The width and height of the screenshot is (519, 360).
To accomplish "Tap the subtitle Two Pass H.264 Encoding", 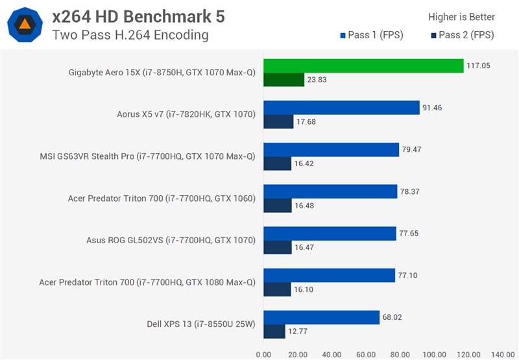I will (130, 35).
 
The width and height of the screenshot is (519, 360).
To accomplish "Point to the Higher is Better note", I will (461, 18).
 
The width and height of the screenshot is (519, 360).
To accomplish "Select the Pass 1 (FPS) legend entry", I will (370, 35).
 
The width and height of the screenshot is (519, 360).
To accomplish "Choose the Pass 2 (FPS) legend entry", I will (461, 35).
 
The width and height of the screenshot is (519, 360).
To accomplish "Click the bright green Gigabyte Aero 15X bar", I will (363, 66).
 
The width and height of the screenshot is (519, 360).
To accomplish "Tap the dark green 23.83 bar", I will (284, 80).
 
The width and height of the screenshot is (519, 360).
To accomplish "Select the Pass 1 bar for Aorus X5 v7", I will (341, 108).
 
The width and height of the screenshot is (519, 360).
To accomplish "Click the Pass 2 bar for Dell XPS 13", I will (274, 332).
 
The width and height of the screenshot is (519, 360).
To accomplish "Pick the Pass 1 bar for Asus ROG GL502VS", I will (330, 234).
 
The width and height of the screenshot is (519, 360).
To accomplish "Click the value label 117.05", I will (480, 66).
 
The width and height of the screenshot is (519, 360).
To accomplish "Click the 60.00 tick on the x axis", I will (366, 354).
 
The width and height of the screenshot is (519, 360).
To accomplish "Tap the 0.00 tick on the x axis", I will (264, 354).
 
